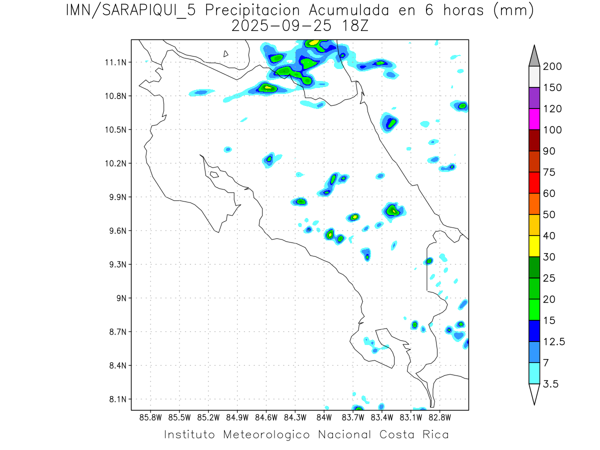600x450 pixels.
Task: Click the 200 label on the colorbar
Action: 552,66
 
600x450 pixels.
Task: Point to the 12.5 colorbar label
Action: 554,341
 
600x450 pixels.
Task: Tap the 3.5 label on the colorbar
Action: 550,384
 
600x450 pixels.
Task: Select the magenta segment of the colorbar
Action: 534,119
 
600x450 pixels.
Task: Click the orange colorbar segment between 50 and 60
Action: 534,203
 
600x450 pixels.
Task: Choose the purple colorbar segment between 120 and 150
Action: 534,98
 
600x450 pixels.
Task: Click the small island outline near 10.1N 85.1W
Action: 213,174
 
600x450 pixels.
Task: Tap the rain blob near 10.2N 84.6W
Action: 269,159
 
